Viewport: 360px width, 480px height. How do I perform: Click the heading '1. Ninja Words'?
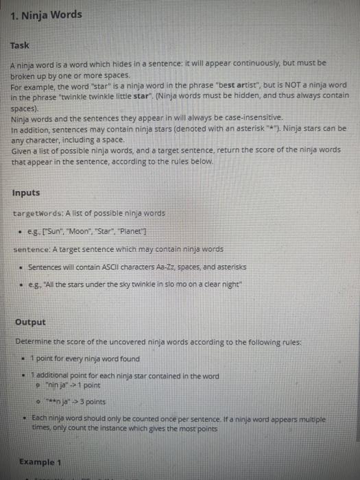coord(47,14)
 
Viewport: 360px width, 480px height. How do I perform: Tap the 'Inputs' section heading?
coord(26,193)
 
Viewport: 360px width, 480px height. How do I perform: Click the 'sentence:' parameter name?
coord(30,248)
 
